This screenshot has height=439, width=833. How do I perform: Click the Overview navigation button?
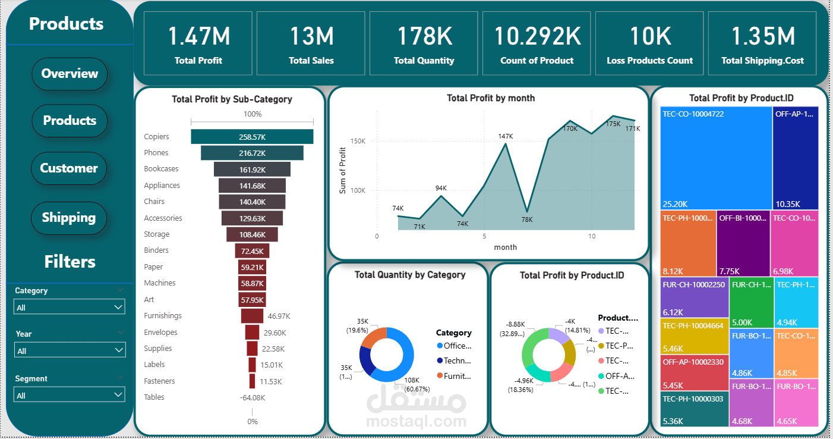[70, 74]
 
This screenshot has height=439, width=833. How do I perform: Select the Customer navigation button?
[69, 168]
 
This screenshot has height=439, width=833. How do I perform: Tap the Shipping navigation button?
[69, 218]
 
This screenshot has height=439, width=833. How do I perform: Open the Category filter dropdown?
[70, 307]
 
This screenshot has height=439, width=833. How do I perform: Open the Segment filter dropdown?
[70, 395]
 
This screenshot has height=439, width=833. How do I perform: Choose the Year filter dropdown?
[70, 350]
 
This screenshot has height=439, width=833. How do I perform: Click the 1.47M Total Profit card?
[198, 44]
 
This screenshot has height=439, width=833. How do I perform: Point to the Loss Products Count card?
[649, 44]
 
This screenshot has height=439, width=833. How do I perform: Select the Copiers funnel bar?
[252, 137]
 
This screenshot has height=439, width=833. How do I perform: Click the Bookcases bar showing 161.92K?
[252, 169]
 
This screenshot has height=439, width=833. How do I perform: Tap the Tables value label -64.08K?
[252, 397]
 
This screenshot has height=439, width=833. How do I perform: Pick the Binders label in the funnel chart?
[156, 250]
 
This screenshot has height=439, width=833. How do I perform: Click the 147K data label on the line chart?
[505, 136]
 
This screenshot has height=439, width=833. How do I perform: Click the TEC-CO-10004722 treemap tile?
[715, 158]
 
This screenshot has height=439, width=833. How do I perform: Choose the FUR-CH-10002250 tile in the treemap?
[693, 297]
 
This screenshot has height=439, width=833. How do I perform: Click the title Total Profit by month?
[490, 98]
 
